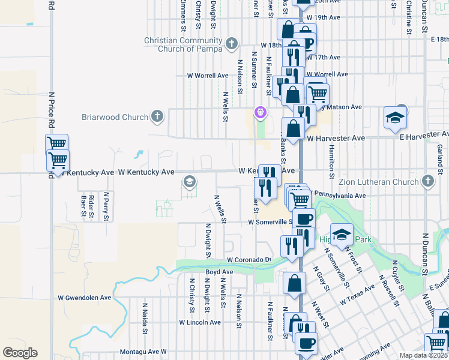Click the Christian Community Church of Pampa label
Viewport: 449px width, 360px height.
183,44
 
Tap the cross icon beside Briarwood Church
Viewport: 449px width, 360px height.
157,116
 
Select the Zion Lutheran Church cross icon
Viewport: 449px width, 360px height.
427,181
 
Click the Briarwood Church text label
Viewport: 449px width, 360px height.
115,117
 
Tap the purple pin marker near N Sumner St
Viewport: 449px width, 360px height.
260,112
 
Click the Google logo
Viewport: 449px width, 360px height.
20,353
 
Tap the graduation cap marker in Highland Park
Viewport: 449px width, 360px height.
342,235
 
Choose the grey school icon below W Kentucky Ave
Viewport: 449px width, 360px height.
189,181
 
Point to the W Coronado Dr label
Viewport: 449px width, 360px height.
250,260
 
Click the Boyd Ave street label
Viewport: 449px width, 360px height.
219,272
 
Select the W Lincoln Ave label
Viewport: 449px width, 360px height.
199,322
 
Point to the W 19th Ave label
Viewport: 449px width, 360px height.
324,17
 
